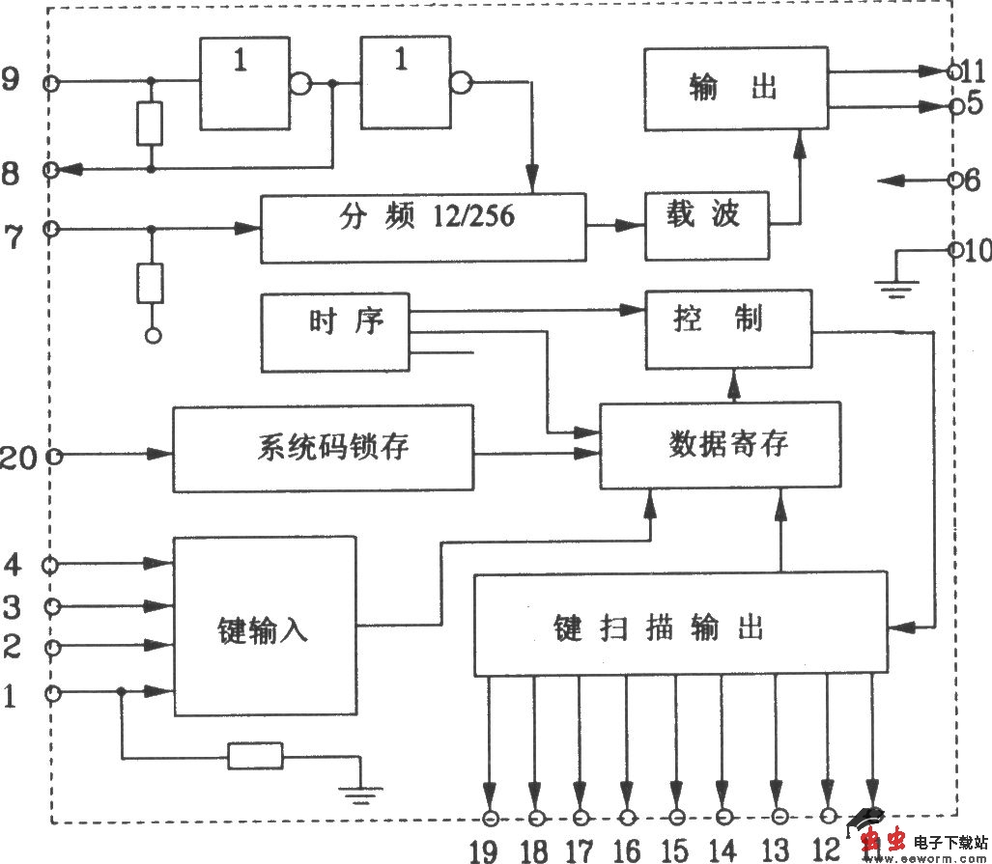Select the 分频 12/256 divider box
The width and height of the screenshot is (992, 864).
pos(423,228)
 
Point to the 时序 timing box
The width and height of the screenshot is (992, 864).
pos(334,332)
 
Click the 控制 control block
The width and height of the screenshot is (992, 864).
pos(728,329)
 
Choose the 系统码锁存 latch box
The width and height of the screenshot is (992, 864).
pos(323,449)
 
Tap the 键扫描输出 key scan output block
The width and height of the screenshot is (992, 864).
pos(680,625)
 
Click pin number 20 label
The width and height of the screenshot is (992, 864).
pos(18,457)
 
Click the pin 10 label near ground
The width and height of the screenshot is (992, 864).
pos(977,251)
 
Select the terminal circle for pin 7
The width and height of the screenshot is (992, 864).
pos(51,229)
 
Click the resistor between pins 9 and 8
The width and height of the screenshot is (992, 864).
pos(150,124)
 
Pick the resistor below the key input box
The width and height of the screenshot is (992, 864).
pos(255,756)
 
